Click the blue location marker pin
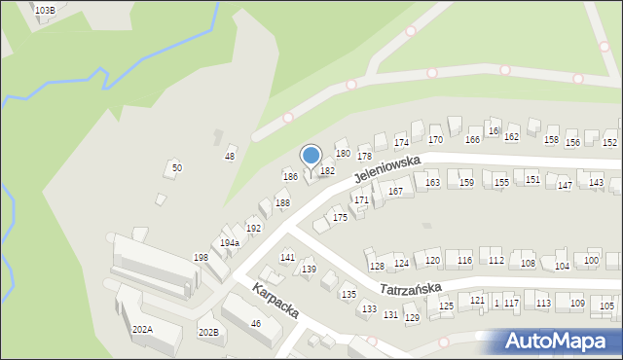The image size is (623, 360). [311, 157]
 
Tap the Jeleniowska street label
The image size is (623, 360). [386, 168]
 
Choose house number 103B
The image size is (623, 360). [45, 10]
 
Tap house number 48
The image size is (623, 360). [230, 156]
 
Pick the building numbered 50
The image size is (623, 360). [176, 167]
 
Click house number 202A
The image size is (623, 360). [142, 330]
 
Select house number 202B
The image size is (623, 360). [208, 333]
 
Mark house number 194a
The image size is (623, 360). [229, 242]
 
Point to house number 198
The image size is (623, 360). [201, 258]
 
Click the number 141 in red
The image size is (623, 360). [287, 257]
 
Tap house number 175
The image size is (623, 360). [340, 217]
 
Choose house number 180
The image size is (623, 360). [343, 153]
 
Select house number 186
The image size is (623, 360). [290, 176]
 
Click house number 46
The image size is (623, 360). [256, 323]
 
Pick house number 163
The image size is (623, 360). [432, 182]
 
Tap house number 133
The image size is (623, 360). [369, 309]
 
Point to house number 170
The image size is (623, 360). [435, 140]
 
